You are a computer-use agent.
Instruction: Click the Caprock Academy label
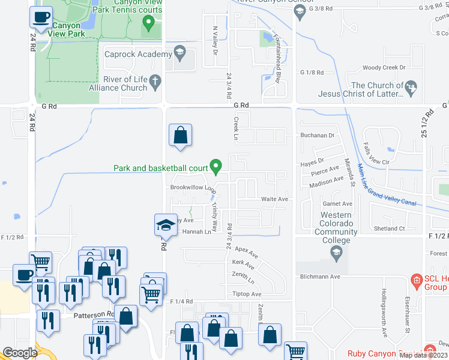(138, 55)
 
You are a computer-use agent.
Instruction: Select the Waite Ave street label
(274, 199)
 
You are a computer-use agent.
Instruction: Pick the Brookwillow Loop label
(193, 188)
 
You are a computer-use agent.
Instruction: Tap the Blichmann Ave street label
(321, 277)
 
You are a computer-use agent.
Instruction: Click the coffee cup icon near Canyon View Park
(41, 18)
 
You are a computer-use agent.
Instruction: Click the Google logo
(20, 353)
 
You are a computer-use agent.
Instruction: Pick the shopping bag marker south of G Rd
(180, 135)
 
